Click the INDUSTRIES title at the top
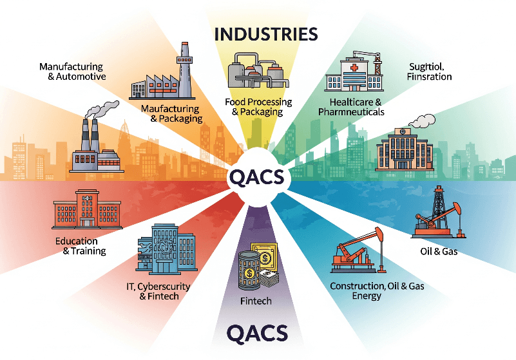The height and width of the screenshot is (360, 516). pyautogui.click(x=267, y=33)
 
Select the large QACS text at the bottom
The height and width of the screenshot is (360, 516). pyautogui.click(x=257, y=334)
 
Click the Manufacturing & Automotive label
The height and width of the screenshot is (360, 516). pyautogui.click(x=72, y=71)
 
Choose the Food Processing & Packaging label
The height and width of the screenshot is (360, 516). pyautogui.click(x=258, y=107)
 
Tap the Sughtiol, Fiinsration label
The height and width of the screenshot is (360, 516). pyautogui.click(x=430, y=71)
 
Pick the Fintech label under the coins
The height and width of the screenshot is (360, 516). pyautogui.click(x=256, y=301)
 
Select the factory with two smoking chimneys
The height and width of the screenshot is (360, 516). pyautogui.click(x=93, y=146)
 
